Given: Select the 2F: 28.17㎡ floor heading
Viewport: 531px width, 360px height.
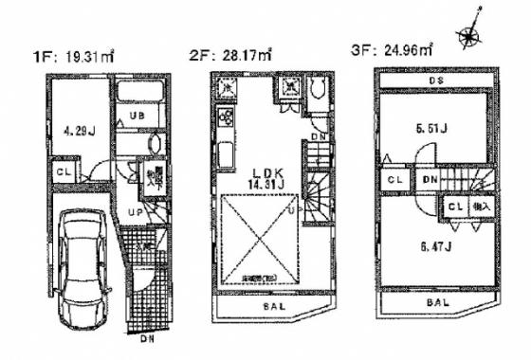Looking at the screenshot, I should click(x=231, y=56).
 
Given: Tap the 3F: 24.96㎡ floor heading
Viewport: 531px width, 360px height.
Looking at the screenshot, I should click(x=390, y=54).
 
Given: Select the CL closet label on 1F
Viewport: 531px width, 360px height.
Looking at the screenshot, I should click(x=62, y=172).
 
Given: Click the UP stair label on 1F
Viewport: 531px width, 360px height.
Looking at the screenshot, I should click(x=135, y=212).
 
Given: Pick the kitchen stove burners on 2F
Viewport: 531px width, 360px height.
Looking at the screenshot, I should click(x=228, y=120).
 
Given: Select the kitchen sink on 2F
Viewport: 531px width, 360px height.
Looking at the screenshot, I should click(x=228, y=154).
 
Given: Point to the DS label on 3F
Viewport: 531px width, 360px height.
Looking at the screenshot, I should click(x=437, y=81).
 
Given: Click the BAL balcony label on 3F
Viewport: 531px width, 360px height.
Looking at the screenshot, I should click(x=436, y=302).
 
